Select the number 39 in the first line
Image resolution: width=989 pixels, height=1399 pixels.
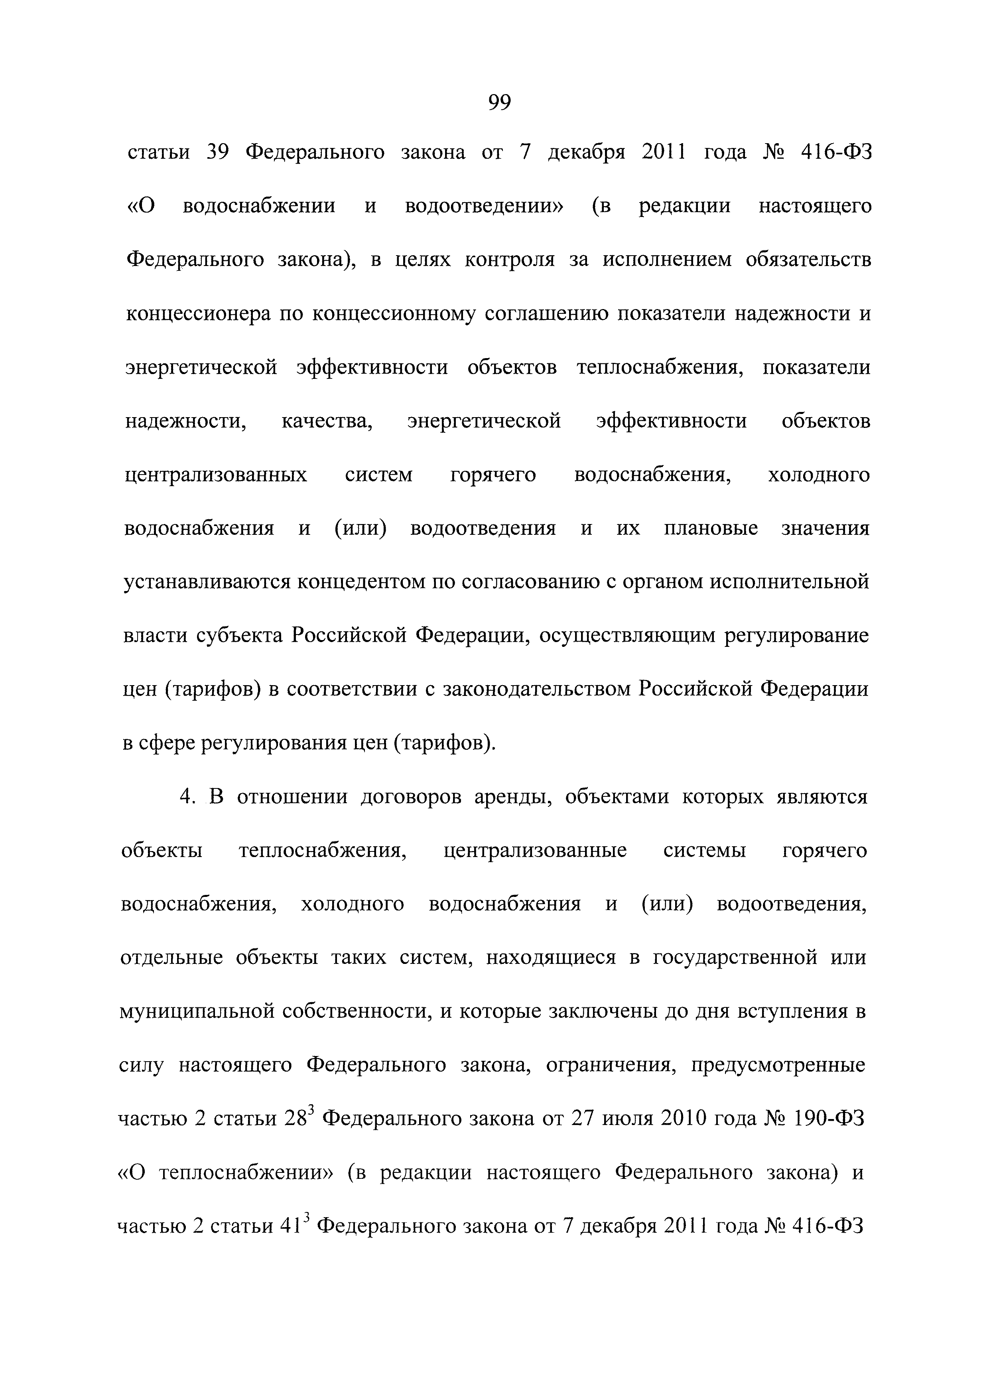tap(217, 152)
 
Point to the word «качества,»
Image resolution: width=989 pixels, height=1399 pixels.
tap(327, 421)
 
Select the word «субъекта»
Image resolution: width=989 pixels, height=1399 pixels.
tap(241, 636)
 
